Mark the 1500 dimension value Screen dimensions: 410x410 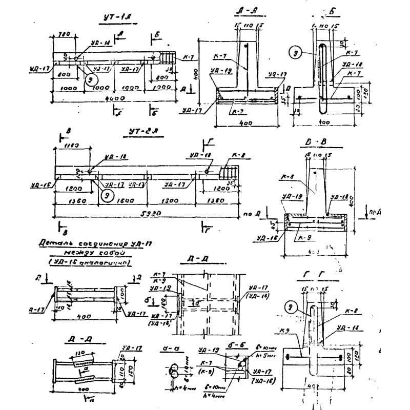[168, 201]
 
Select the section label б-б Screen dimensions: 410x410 [236, 346]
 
